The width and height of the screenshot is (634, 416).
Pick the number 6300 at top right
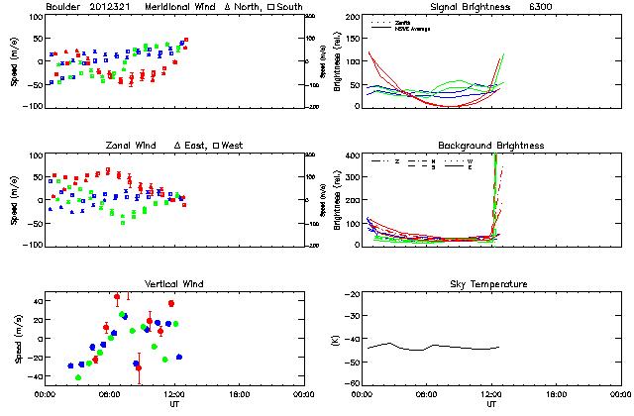pyautogui.click(x=541, y=8)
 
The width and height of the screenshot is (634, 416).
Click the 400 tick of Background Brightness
pyautogui.click(x=352, y=156)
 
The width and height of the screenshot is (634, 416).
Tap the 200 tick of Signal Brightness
pyautogui.click(x=352, y=17)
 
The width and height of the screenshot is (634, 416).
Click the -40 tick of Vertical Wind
pyautogui.click(x=35, y=376)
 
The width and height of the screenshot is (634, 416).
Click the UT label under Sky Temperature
pyautogui.click(x=491, y=404)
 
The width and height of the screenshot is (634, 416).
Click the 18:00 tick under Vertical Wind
pyautogui.click(x=239, y=394)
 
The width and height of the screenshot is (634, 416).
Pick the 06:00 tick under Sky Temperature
pyautogui.click(x=426, y=394)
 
